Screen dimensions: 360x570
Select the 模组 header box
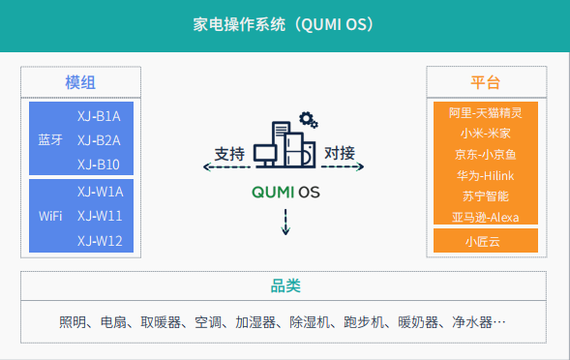(x=80, y=82)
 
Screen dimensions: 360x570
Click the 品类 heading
(x=285, y=286)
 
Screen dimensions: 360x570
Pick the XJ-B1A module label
(x=99, y=116)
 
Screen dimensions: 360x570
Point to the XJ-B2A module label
(x=99, y=139)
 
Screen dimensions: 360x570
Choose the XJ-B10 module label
(x=99, y=164)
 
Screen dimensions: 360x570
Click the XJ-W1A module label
(x=100, y=191)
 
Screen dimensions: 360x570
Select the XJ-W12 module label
(x=100, y=240)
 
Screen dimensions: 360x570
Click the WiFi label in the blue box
(x=51, y=216)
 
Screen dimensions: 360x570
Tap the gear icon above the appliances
(x=309, y=120)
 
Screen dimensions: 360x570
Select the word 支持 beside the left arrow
(x=229, y=153)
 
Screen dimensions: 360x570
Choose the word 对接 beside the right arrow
(x=340, y=153)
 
